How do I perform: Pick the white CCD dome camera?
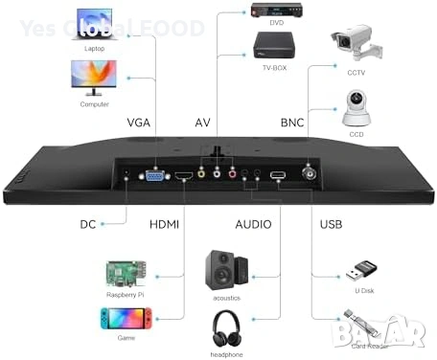pos(357,109)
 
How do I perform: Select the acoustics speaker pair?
pos(226,269)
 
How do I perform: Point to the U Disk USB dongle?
pos(357,271)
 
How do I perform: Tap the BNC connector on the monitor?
pos(313,174)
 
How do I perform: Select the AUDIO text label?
pos(254,225)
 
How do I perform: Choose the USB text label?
pos(332,225)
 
